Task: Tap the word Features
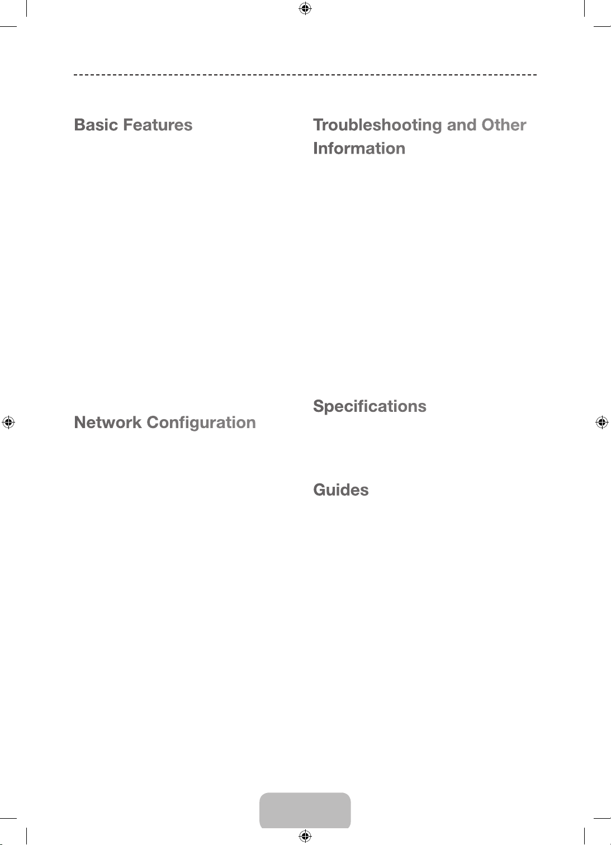(x=158, y=125)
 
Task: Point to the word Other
(x=504, y=125)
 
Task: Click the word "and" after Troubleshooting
(x=461, y=125)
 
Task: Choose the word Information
(x=359, y=148)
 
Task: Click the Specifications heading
(x=370, y=407)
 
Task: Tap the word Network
(x=107, y=422)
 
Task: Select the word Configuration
(x=201, y=423)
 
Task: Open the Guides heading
(x=341, y=490)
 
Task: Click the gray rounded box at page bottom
(x=305, y=810)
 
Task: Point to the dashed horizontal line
(x=305, y=75)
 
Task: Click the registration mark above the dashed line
(x=305, y=8)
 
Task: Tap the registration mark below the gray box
(x=305, y=835)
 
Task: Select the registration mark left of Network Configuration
(x=8, y=422)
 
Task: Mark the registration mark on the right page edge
(x=602, y=422)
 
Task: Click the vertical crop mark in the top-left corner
(x=26, y=8)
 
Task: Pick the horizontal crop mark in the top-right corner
(x=602, y=26)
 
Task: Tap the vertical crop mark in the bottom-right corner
(x=584, y=836)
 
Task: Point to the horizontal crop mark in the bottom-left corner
(x=8, y=818)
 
